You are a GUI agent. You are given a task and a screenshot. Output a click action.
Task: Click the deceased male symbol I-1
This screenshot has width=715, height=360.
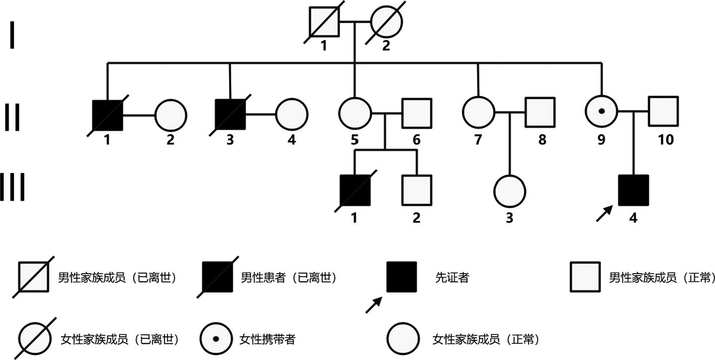click(x=323, y=23)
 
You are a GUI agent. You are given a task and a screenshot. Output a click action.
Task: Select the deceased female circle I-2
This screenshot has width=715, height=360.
click(x=386, y=23)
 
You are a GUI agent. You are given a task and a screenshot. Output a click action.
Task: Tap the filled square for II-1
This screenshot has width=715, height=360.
click(x=107, y=115)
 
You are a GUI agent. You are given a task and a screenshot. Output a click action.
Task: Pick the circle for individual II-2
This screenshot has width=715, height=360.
click(x=171, y=115)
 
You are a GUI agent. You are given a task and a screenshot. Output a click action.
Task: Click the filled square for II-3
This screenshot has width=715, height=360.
click(x=230, y=115)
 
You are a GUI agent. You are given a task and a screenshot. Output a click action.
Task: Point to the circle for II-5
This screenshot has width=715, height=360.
click(x=355, y=113)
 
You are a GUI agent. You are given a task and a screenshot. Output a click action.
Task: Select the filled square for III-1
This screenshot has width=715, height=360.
click(x=355, y=190)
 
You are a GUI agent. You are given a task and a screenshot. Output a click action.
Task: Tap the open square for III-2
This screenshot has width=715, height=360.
click(x=417, y=190)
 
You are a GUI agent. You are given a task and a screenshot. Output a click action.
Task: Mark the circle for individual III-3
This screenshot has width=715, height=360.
click(x=509, y=191)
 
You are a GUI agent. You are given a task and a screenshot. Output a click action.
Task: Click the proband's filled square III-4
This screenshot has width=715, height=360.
click(x=633, y=190)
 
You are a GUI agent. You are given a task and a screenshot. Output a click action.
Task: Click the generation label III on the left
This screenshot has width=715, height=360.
click(x=12, y=187)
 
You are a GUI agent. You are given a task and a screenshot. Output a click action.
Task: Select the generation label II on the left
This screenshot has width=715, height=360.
click(x=12, y=117)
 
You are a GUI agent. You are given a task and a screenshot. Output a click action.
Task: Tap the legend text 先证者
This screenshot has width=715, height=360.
click(x=452, y=278)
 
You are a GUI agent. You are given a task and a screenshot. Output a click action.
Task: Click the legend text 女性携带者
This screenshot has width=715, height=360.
click(x=267, y=339)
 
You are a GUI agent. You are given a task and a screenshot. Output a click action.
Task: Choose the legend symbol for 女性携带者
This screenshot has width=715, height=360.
click(x=216, y=339)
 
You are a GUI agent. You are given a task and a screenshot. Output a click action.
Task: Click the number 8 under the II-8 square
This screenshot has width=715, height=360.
click(x=542, y=140)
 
